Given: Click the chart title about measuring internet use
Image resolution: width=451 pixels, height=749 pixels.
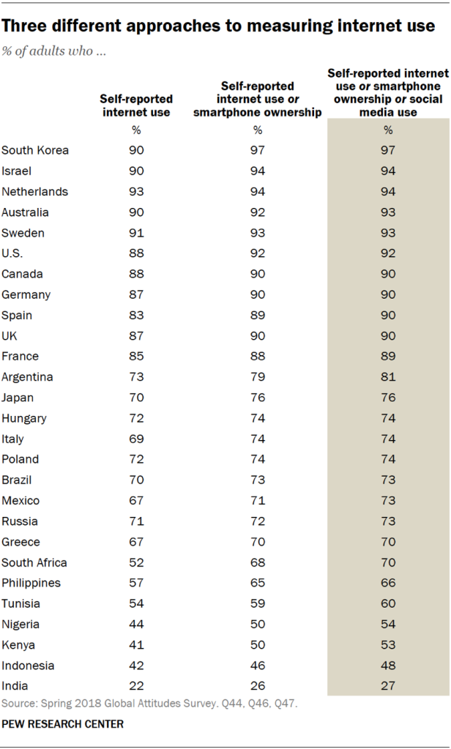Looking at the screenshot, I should (218, 27).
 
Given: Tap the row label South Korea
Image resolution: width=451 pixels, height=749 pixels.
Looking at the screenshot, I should (35, 151).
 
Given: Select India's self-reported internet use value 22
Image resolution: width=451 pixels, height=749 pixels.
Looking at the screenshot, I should (137, 687).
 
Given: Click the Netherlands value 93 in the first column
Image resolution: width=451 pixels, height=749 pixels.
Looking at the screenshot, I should (137, 192).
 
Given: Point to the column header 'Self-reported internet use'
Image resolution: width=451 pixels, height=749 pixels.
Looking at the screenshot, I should (137, 105).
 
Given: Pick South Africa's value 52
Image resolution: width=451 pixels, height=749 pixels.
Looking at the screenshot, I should (137, 563).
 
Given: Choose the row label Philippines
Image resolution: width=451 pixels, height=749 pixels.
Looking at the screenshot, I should (31, 584).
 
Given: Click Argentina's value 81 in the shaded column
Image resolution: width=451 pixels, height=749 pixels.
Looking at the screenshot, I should (389, 377).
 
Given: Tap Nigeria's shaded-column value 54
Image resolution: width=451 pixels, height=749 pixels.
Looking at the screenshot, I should (389, 625).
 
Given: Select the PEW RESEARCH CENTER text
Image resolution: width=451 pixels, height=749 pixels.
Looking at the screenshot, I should (63, 724).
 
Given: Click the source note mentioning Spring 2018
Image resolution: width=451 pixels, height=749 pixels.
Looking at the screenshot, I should (150, 704).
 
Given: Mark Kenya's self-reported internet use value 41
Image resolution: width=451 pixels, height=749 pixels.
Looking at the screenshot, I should (137, 645).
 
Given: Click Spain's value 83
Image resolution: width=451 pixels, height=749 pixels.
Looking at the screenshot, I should (137, 316).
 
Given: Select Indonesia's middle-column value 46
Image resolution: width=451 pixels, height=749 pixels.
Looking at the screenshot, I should (258, 666).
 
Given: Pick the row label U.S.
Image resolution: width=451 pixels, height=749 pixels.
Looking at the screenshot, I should (12, 254).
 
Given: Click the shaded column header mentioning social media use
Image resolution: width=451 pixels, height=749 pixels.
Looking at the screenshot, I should (388, 92).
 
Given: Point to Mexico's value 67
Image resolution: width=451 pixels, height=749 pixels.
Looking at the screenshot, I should (137, 501).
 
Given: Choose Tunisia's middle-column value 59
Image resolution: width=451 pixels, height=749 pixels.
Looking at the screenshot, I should (258, 604).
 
